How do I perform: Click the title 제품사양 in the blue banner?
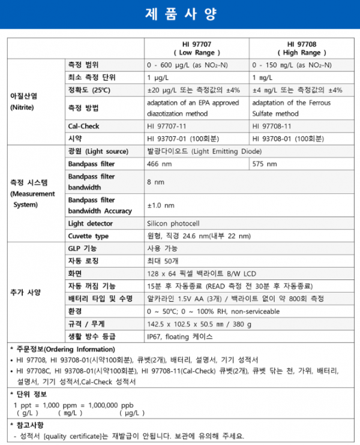[x=180, y=13]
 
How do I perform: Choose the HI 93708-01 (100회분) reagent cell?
[x=288, y=139]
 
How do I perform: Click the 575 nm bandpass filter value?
[x=265, y=164]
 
